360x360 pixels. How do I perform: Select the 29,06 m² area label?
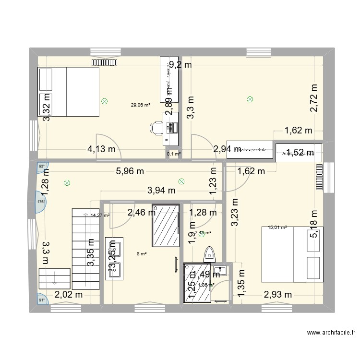pyautogui.click(x=141, y=105)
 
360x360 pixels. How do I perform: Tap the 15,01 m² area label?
pyautogui.click(x=277, y=228)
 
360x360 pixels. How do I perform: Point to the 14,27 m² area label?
pyautogui.click(x=100, y=216)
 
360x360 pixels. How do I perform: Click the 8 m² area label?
pyautogui.click(x=142, y=254)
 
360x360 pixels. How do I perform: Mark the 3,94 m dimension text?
pyautogui.click(x=163, y=191)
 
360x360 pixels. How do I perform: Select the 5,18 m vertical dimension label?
pyautogui.click(x=314, y=224)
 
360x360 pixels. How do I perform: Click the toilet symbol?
pyautogui.click(x=209, y=253)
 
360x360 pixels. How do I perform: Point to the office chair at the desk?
pyautogui.click(x=156, y=127)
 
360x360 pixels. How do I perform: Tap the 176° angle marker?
pyautogui.click(x=41, y=202)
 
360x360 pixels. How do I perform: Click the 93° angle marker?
pyautogui.click(x=42, y=167)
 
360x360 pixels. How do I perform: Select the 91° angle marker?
pyautogui.click(x=42, y=300)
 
